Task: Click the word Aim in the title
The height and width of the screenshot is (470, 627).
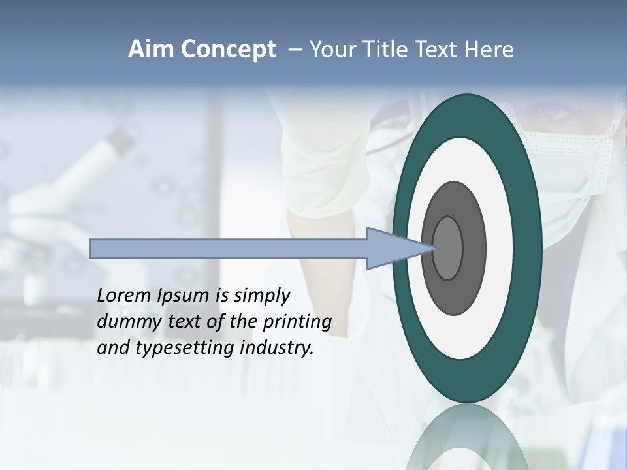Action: [x=151, y=50]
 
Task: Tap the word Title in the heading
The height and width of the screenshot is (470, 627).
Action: [x=389, y=50]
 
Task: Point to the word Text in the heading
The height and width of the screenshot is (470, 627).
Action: [x=441, y=50]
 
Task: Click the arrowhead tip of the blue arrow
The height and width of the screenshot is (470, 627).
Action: [x=434, y=248]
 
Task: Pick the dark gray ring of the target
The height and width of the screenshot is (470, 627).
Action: [x=474, y=249]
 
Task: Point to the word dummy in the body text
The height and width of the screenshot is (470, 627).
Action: [x=123, y=322]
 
